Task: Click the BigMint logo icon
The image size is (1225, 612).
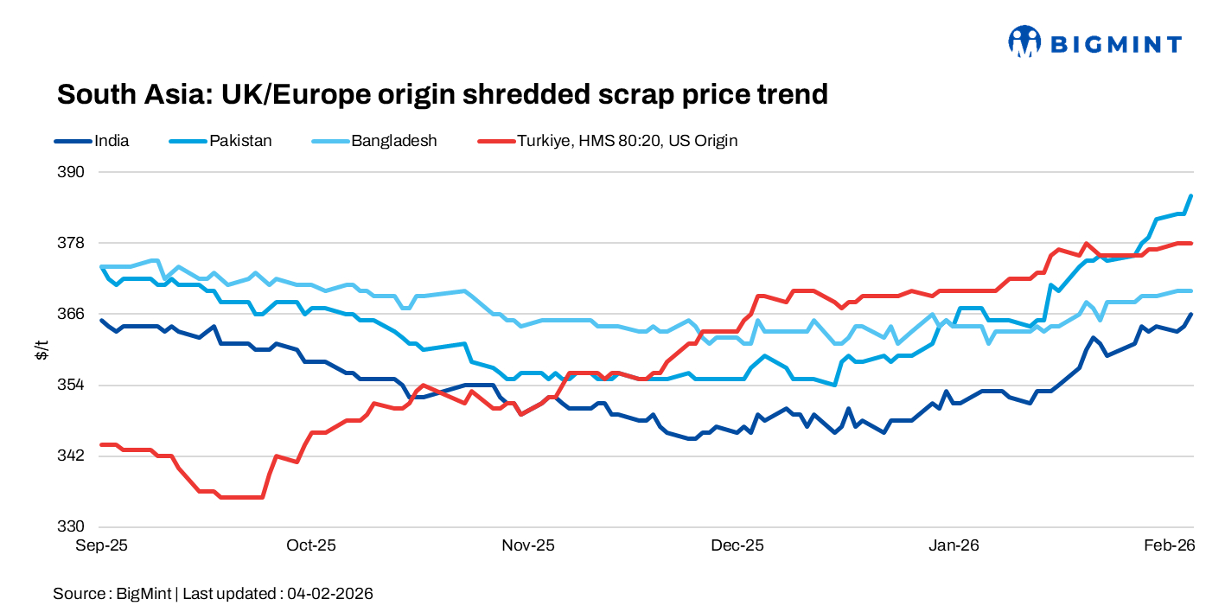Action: (x=1024, y=41)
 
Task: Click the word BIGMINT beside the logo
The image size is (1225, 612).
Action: (x=1115, y=43)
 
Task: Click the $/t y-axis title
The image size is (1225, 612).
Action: (x=41, y=349)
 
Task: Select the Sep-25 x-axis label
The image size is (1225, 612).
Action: (x=102, y=545)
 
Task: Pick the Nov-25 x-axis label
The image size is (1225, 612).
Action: (x=528, y=545)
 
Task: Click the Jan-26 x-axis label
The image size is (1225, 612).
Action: (x=954, y=545)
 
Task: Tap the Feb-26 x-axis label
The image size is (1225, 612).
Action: (x=1169, y=545)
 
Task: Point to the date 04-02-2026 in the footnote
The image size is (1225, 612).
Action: (x=330, y=593)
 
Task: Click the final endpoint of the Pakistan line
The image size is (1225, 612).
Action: (x=1191, y=196)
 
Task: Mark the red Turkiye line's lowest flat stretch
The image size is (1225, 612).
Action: (x=242, y=497)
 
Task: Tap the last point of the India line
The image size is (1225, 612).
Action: (x=1191, y=315)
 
